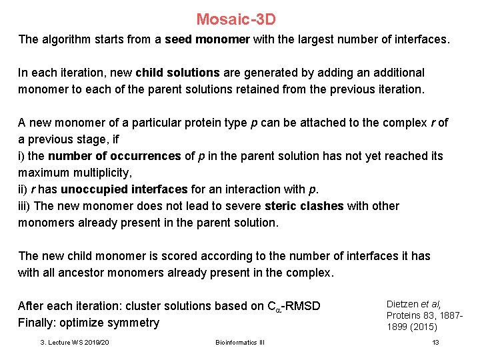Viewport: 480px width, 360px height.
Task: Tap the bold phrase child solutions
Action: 178,73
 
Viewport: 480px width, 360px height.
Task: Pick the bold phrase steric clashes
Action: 303,206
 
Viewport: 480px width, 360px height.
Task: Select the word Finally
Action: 37,323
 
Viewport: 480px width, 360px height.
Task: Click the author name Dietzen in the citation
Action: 405,303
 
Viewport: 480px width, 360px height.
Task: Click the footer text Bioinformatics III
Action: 239,343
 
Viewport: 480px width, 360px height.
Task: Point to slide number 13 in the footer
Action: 435,343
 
